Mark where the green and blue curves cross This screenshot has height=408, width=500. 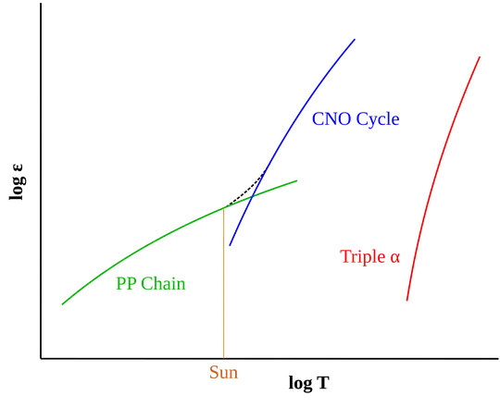[x=251, y=196]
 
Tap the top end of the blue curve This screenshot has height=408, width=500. [x=356, y=39]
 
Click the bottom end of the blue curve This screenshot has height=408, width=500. [x=229, y=247]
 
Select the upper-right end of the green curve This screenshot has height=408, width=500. [x=296, y=180]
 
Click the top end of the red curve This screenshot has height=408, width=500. [x=481, y=55]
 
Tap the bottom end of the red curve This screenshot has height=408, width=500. [x=406, y=299]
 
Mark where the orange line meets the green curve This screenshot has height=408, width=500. [x=225, y=209]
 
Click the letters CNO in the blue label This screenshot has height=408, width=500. [x=326, y=119]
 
